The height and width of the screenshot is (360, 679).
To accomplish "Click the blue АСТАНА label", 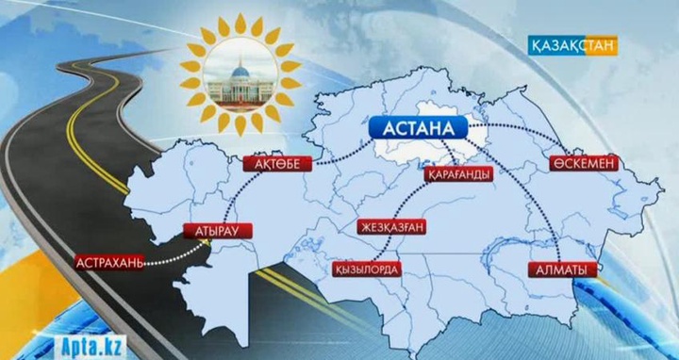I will (416, 129).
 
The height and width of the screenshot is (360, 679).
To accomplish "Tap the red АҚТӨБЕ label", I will (276, 165).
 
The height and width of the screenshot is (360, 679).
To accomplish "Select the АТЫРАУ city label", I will (210, 229).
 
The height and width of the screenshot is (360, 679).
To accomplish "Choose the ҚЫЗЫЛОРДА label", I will (367, 270).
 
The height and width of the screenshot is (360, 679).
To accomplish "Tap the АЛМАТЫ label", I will (563, 270).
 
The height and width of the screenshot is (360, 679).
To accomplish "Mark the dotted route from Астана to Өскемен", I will (528, 130).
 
